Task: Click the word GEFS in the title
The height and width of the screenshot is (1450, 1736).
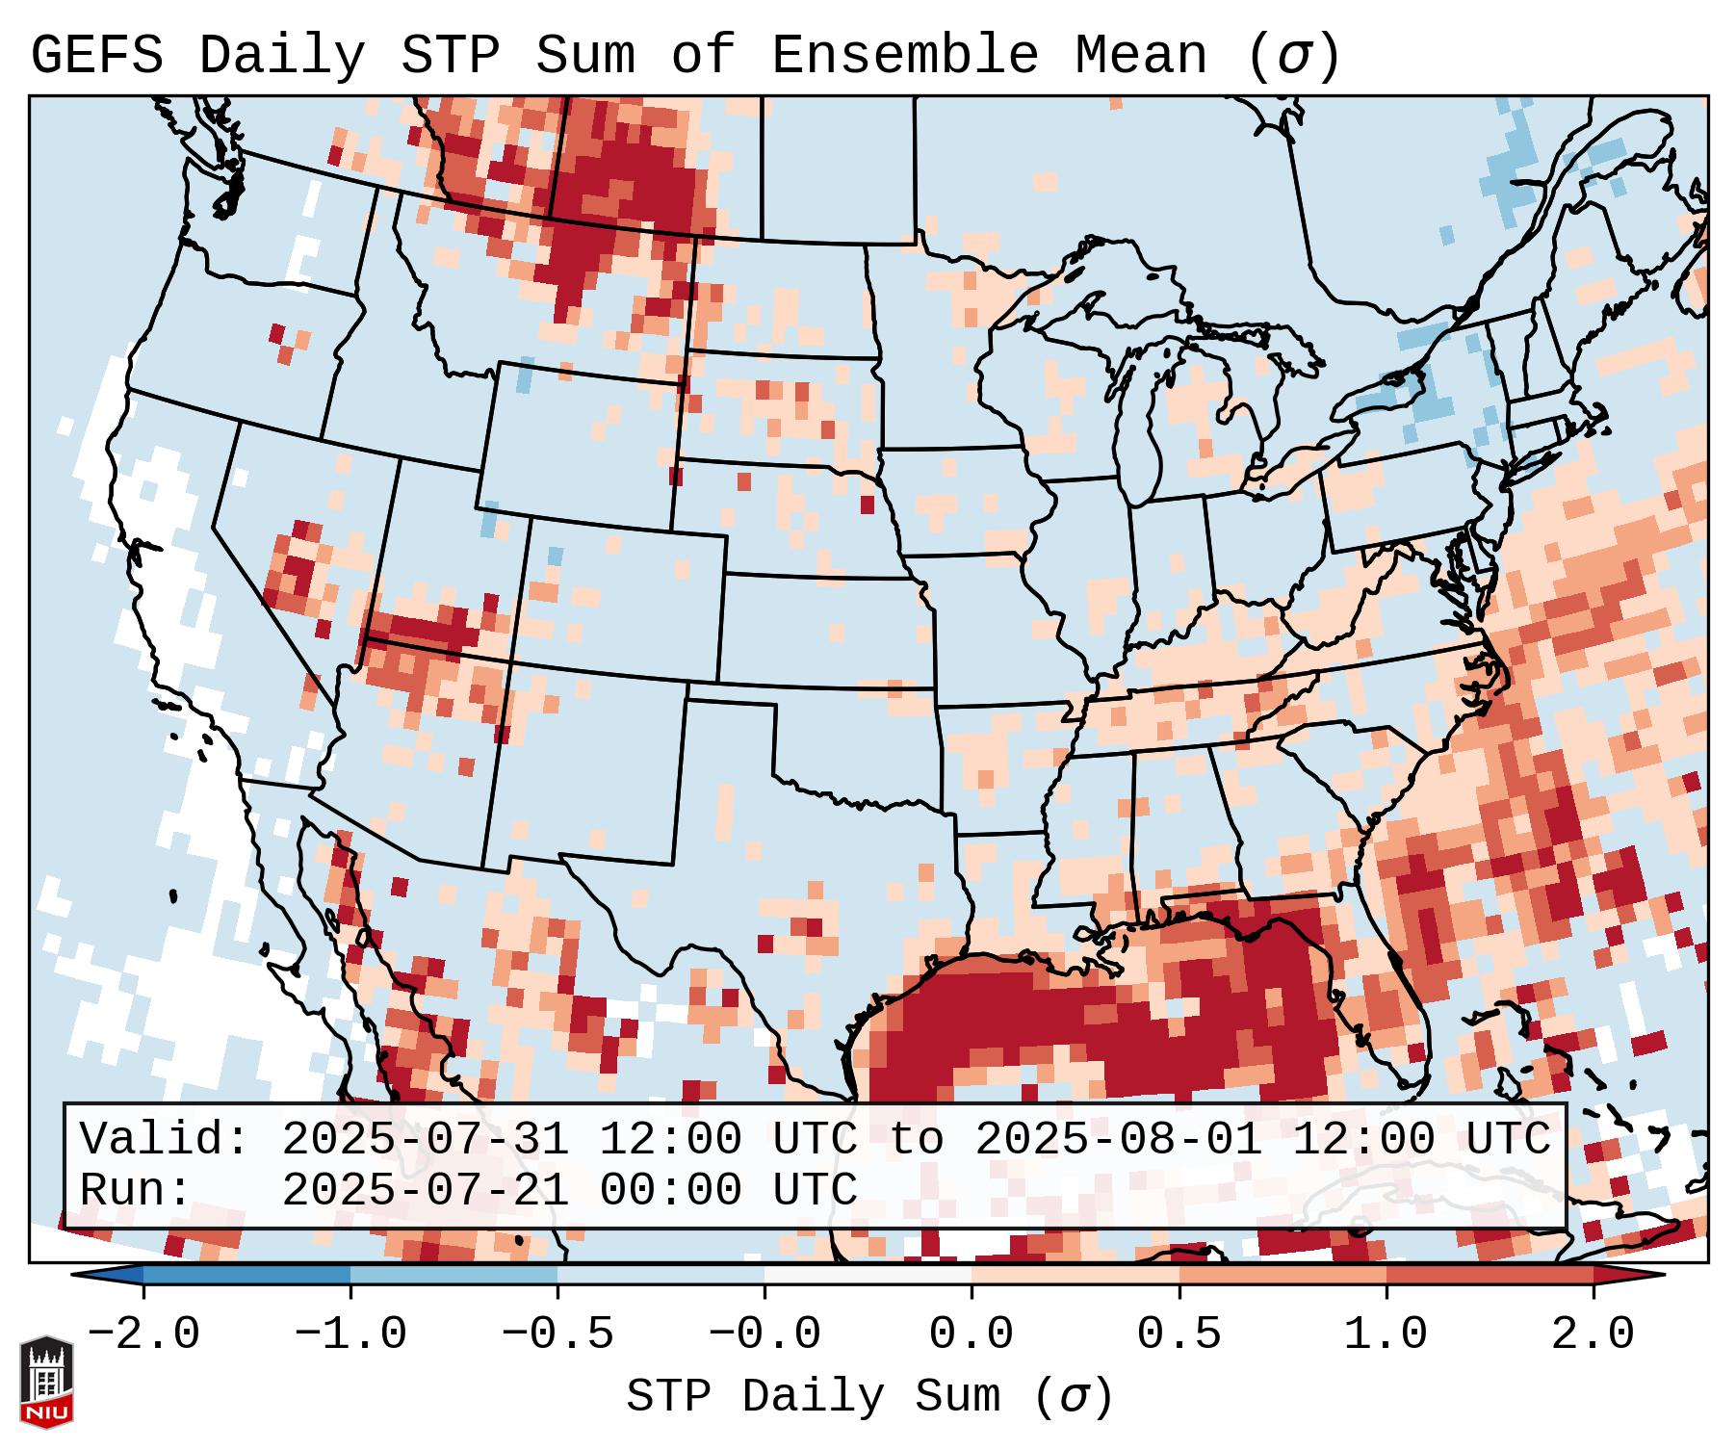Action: coord(96,56)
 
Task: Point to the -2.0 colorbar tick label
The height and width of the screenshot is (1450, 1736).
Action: coord(143,1334)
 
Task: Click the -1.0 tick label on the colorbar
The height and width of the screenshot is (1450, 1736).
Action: coord(350,1334)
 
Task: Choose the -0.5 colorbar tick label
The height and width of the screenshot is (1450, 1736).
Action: coord(557,1334)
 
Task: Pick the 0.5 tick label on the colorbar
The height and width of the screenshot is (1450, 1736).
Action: coord(1179,1334)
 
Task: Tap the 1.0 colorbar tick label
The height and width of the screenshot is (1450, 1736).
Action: coord(1386,1334)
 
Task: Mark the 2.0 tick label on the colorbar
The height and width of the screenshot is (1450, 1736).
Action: coord(1593,1334)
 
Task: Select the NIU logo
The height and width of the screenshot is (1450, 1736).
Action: coord(46,1382)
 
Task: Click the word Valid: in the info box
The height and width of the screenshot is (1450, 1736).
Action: coord(165,1140)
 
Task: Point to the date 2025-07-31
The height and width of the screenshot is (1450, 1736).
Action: coord(425,1140)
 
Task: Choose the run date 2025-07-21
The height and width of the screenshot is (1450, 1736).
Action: coord(425,1191)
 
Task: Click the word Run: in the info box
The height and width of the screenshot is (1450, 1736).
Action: coord(136,1191)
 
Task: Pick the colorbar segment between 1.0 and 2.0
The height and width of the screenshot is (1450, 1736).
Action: coord(1490,1276)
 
